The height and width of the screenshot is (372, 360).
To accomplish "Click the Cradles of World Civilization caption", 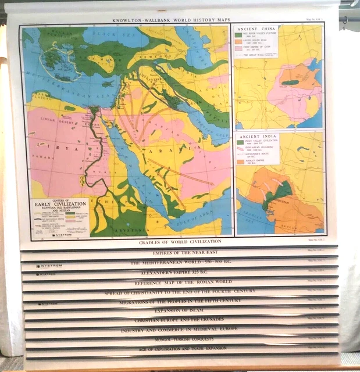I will point(180,241).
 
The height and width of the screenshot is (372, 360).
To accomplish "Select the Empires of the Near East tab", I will point(180,253).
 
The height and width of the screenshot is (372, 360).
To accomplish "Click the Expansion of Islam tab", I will point(180,310).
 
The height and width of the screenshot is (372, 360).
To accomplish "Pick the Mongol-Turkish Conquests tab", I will point(180,338).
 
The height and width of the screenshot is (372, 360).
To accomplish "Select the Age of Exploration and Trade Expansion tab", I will point(180,348).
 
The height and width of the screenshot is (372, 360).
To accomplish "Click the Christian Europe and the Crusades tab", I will point(180,320).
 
